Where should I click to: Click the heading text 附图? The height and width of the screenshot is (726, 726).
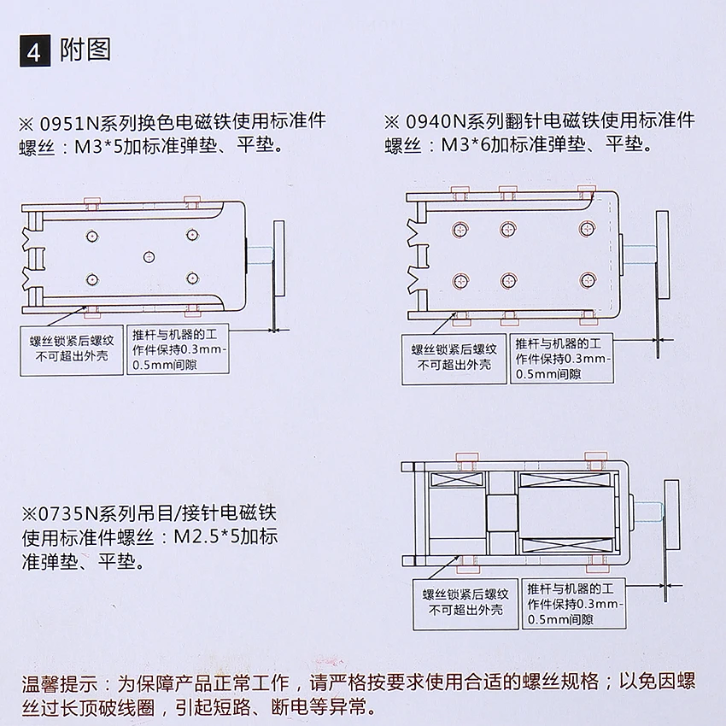point(86,50)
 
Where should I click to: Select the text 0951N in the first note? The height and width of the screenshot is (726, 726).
point(70,122)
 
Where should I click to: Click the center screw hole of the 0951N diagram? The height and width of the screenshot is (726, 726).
point(149,257)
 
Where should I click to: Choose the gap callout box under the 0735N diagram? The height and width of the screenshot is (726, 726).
point(572,601)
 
